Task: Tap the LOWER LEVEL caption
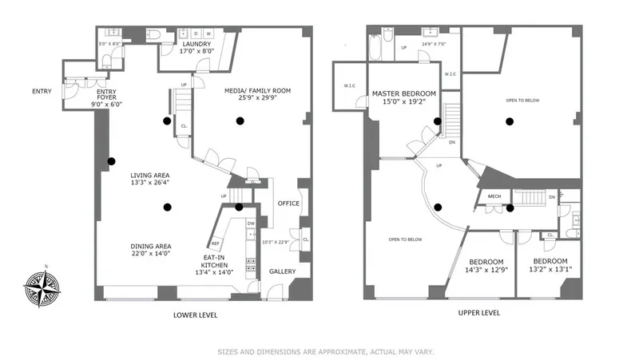tap(195, 315)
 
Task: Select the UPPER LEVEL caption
tap(479, 313)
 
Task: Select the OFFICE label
tap(288, 204)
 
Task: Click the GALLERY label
tap(281, 271)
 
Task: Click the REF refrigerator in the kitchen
tap(215, 243)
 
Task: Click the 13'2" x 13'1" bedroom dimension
tap(550, 271)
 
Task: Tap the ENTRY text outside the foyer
tap(42, 91)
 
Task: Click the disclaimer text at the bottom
tap(320, 351)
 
